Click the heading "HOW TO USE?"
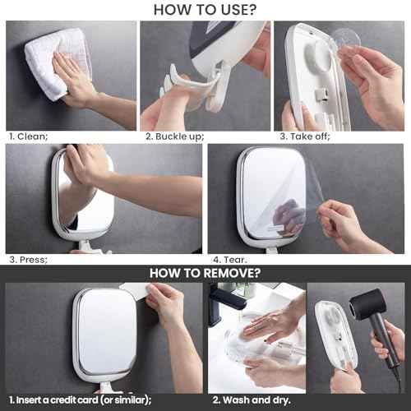coord(205,9)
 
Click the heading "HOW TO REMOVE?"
coord(205,273)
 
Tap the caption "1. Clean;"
coord(27,136)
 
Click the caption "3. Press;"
coord(28,259)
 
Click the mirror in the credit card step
coord(103,337)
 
